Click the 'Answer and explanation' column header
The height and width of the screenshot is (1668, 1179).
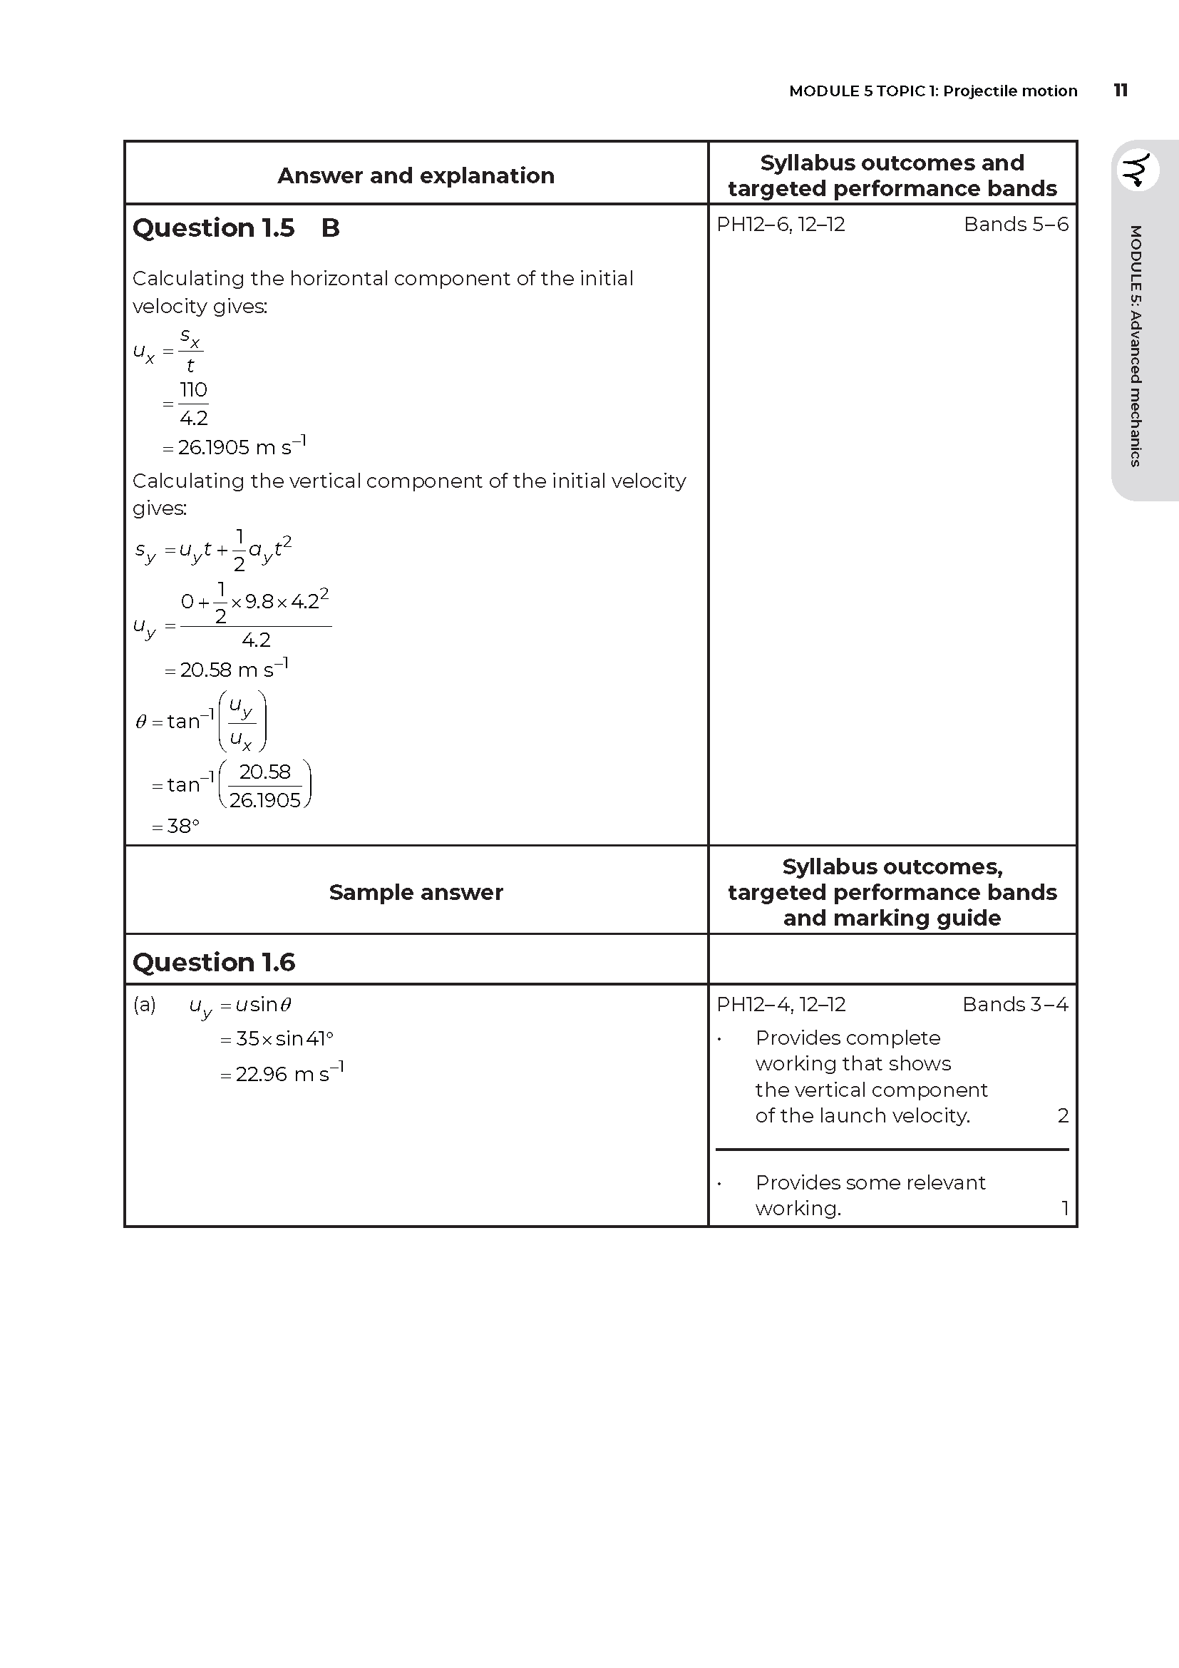pyautogui.click(x=416, y=176)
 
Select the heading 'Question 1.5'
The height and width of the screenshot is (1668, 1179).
pyautogui.click(x=213, y=228)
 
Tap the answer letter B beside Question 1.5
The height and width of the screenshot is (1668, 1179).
pyautogui.click(x=330, y=228)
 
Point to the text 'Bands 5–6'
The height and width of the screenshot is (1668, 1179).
pyautogui.click(x=1016, y=225)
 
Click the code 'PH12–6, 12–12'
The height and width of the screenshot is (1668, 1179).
pyautogui.click(x=781, y=225)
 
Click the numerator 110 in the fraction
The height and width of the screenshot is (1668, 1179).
pyautogui.click(x=193, y=390)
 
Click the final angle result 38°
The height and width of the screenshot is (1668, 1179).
pyautogui.click(x=182, y=827)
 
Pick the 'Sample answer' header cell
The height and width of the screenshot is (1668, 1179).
pyautogui.click(x=416, y=892)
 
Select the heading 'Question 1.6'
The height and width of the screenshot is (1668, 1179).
pyautogui.click(x=213, y=963)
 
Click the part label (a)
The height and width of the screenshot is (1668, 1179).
pyautogui.click(x=145, y=1005)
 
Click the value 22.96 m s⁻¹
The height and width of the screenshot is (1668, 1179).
pyautogui.click(x=288, y=1074)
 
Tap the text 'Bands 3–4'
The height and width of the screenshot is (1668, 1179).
pyautogui.click(x=1015, y=1005)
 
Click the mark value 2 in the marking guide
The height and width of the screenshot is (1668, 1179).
pyautogui.click(x=1063, y=1115)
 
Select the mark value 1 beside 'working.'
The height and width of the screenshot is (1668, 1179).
pyautogui.click(x=1064, y=1208)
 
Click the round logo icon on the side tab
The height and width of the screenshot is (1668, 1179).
pyautogui.click(x=1137, y=170)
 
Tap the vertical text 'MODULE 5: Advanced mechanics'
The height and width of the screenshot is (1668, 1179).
pyautogui.click(x=1136, y=346)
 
